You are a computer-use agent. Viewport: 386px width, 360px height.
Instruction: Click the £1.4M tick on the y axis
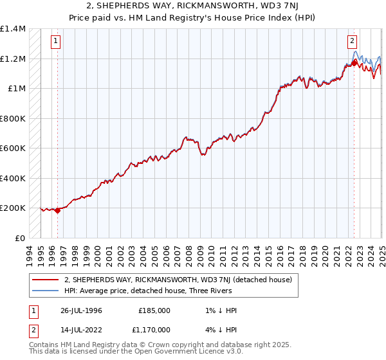[13, 29]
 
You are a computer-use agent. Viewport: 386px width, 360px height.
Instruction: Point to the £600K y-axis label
[12, 148]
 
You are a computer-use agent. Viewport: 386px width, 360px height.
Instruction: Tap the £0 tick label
[20, 238]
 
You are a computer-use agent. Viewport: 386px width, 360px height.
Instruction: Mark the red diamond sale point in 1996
[57, 210]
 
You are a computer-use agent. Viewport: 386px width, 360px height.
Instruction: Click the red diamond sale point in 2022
[354, 63]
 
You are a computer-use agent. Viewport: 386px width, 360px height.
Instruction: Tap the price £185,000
[154, 310]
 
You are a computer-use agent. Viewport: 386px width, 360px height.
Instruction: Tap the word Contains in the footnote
[44, 345]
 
